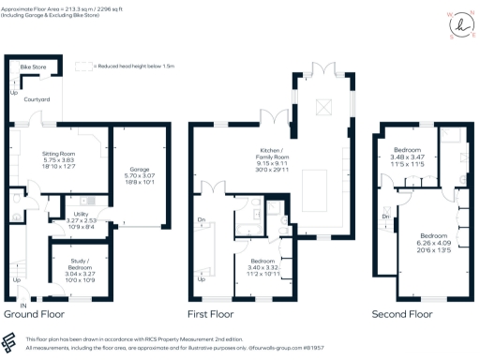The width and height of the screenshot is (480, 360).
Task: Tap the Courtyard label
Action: tap(37, 98)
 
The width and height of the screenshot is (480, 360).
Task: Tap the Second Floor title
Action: tap(404, 315)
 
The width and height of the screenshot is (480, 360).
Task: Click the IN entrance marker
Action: tap(23, 306)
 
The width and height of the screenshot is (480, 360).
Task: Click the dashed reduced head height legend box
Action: tap(84, 66)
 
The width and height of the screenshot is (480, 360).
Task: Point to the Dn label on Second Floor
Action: tap(386, 217)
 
